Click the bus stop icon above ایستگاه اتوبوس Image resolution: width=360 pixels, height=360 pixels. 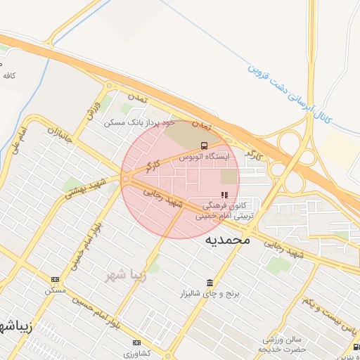(204, 146)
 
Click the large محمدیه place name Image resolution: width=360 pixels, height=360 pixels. (227, 240)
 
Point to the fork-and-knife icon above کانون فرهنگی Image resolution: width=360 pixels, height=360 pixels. (224, 195)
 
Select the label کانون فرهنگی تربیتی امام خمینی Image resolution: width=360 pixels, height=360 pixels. (226, 212)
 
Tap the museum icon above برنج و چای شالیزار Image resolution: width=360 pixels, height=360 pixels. (209, 282)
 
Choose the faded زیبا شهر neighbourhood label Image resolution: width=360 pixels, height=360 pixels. (125, 275)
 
